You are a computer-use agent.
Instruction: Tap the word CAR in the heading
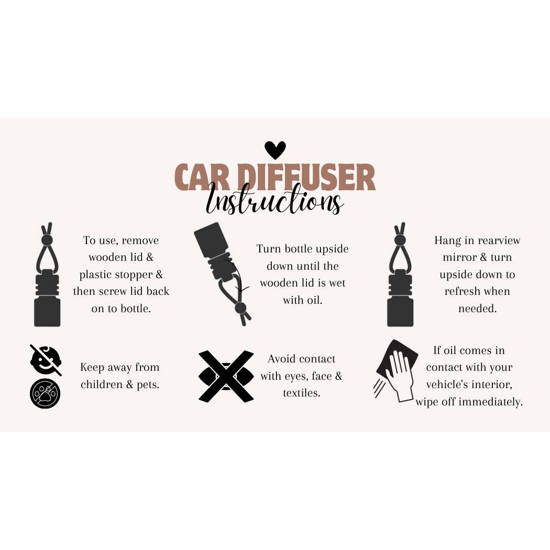202,177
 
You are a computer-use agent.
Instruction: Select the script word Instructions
274,199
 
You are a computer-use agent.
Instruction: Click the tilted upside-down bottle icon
223,273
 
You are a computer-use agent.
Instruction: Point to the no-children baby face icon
46,360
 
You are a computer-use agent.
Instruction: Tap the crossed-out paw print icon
45,393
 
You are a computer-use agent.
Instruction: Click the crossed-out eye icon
226,376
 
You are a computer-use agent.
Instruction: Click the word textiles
302,393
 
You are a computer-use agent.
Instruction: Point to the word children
102,384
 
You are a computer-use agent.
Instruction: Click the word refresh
459,291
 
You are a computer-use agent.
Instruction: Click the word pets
148,385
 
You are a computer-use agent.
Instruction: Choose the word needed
477,309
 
